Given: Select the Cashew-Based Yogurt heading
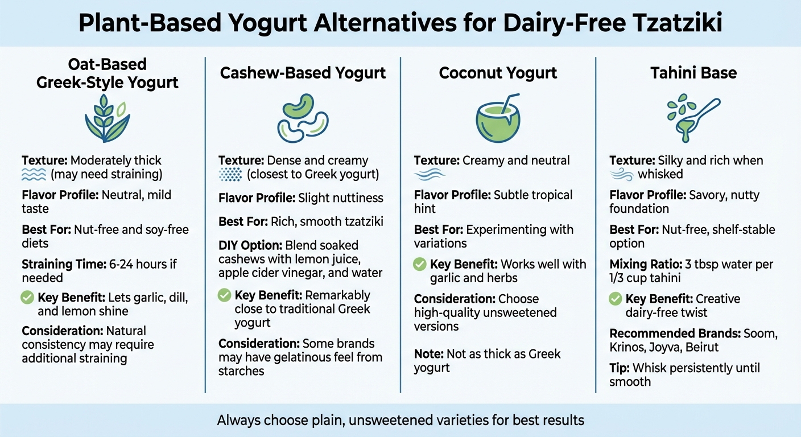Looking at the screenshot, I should tap(303, 73).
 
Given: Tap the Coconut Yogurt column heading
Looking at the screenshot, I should tap(498, 73).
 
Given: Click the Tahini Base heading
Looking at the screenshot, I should tap(693, 73).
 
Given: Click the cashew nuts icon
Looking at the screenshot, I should tap(303, 118).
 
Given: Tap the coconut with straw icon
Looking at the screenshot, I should tap(498, 118).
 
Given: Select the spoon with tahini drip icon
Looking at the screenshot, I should tap(693, 118).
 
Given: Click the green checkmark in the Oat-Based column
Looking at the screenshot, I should tap(27, 297).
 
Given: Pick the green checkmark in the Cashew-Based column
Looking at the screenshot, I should tap(225, 295).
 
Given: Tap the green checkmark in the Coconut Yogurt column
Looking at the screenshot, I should tap(419, 264).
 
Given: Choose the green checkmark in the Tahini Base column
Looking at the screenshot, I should tap(615, 298).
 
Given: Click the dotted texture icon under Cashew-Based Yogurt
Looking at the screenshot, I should tap(230, 175).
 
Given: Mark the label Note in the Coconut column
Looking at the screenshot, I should tap(428, 354).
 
